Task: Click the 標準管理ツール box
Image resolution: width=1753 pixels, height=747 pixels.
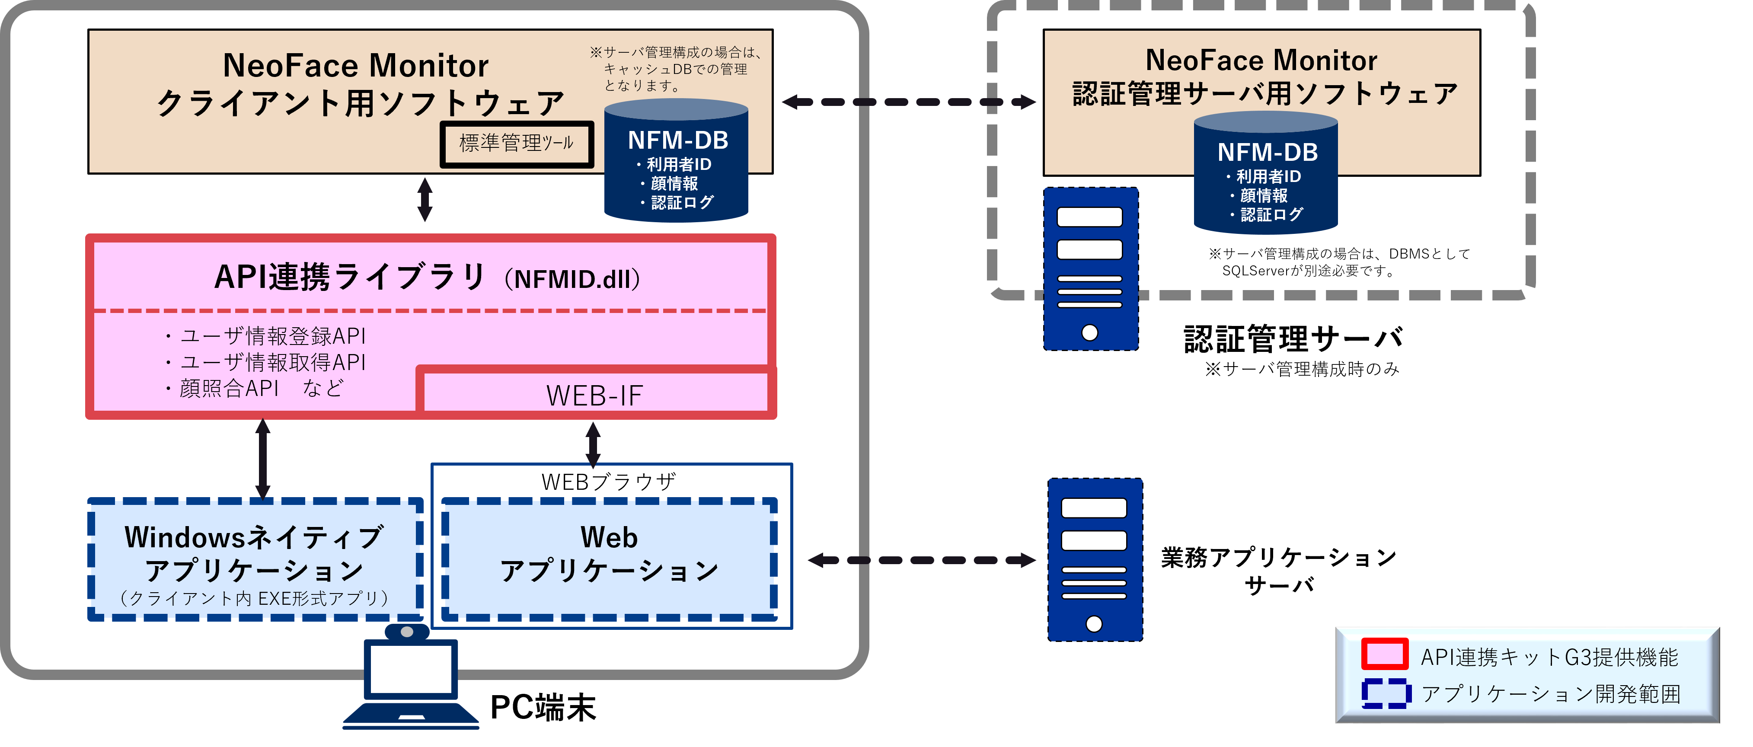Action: tap(517, 144)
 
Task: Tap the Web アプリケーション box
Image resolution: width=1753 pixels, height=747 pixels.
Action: tap(609, 559)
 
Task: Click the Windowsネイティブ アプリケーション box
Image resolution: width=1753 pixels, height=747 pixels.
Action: tap(255, 559)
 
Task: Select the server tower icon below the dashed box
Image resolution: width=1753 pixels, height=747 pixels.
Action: tap(1094, 560)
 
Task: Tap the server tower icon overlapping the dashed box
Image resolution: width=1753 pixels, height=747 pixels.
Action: tap(1090, 269)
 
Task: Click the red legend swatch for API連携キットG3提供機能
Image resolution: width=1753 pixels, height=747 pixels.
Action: tap(1384, 654)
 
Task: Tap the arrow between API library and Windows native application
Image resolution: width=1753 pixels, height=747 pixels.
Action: tap(263, 459)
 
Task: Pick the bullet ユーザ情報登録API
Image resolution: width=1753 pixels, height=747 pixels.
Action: tap(265, 336)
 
